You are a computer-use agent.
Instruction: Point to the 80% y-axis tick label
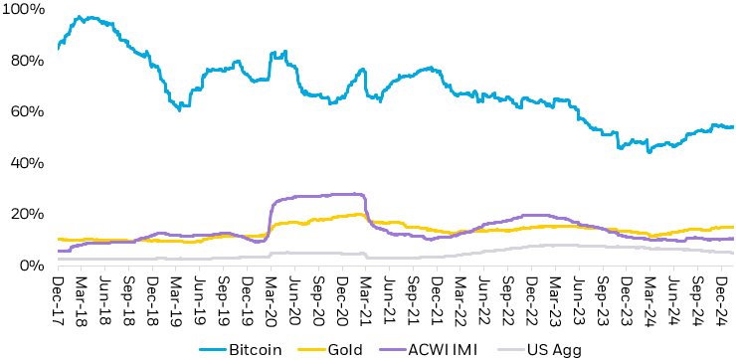tap(24, 61)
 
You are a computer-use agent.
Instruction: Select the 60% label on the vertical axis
tap(24, 111)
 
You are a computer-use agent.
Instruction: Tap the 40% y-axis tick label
tap(24, 163)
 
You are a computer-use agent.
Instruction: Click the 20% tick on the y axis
tap(24, 214)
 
